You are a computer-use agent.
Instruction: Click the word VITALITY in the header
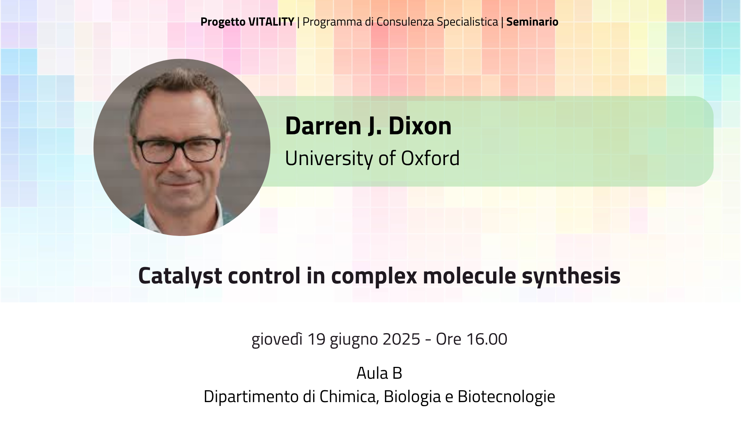[x=271, y=22]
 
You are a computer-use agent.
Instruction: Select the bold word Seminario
[x=532, y=22]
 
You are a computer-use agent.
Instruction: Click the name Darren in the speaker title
[x=323, y=126]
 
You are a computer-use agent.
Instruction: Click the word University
[x=329, y=159]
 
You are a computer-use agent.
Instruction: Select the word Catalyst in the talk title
[x=180, y=276]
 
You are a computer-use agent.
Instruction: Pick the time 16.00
[x=486, y=339]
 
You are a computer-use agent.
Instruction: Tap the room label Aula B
[x=379, y=373]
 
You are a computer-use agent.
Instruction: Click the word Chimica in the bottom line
[x=349, y=397]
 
